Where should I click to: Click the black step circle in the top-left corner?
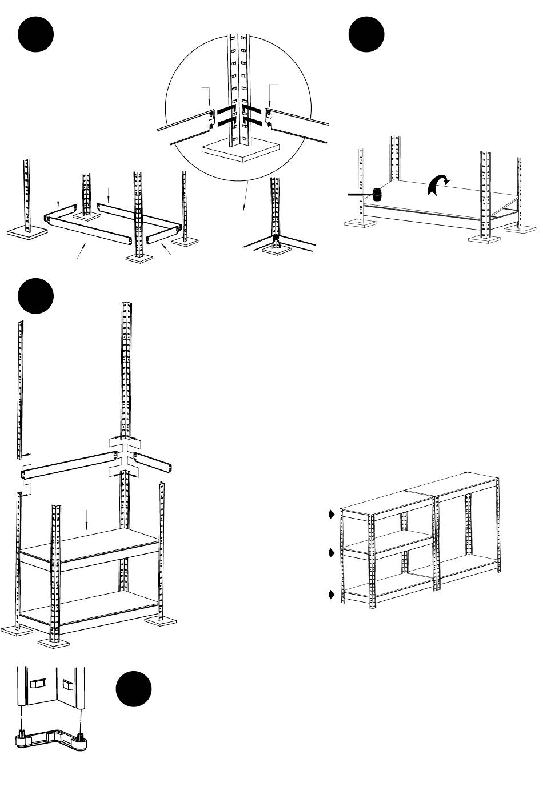tap(36, 35)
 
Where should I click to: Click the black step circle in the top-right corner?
tap(366, 35)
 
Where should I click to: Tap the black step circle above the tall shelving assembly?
tap(36, 296)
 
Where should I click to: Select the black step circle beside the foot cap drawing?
tap(134, 689)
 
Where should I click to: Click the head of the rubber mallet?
tap(377, 194)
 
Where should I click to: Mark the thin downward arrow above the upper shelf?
tap(86, 519)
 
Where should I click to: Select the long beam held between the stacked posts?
tap(69, 464)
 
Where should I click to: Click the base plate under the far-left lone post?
tap(27, 231)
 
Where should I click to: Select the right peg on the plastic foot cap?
tap(81, 732)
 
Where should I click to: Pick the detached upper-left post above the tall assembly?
tap(21, 388)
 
